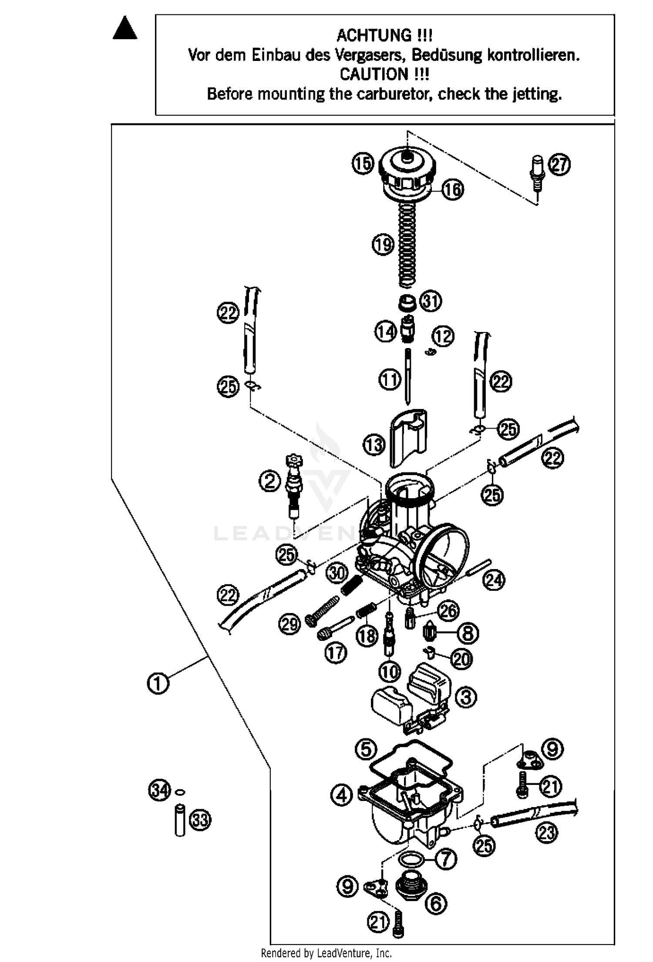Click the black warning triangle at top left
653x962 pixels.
125,29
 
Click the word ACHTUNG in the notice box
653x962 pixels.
374,35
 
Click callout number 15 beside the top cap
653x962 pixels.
363,164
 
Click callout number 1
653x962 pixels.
158,683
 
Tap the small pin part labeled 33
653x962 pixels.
180,820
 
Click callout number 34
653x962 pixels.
159,790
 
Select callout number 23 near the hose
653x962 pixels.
547,832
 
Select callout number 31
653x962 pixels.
431,301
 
